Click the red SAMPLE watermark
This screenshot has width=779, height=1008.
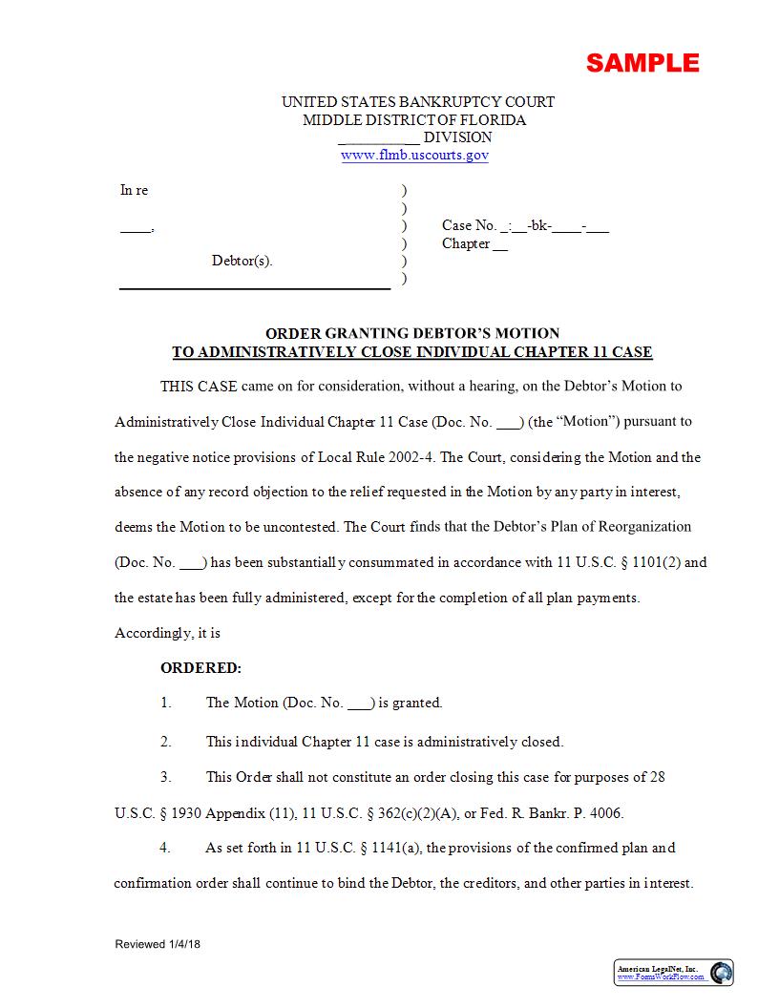pos(642,63)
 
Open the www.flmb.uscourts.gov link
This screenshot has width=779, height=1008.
pos(414,155)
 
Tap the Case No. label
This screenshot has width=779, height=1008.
pos(469,226)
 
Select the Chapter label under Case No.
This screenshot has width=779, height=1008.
pos(466,243)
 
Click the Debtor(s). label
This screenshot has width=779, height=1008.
pos(242,261)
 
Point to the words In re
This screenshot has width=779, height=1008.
pos(134,190)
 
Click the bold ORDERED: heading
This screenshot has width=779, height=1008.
pos(200,668)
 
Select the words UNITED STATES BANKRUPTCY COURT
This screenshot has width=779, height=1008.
pos(417,102)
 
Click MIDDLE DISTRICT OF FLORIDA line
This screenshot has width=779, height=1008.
pos(414,120)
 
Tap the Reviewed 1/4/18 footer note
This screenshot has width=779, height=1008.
pos(158,945)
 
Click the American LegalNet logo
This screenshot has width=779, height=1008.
pos(674,973)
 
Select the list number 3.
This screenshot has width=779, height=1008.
pos(165,777)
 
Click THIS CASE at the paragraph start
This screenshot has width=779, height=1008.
pos(192,387)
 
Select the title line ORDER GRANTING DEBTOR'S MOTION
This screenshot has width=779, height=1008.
pos(412,333)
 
